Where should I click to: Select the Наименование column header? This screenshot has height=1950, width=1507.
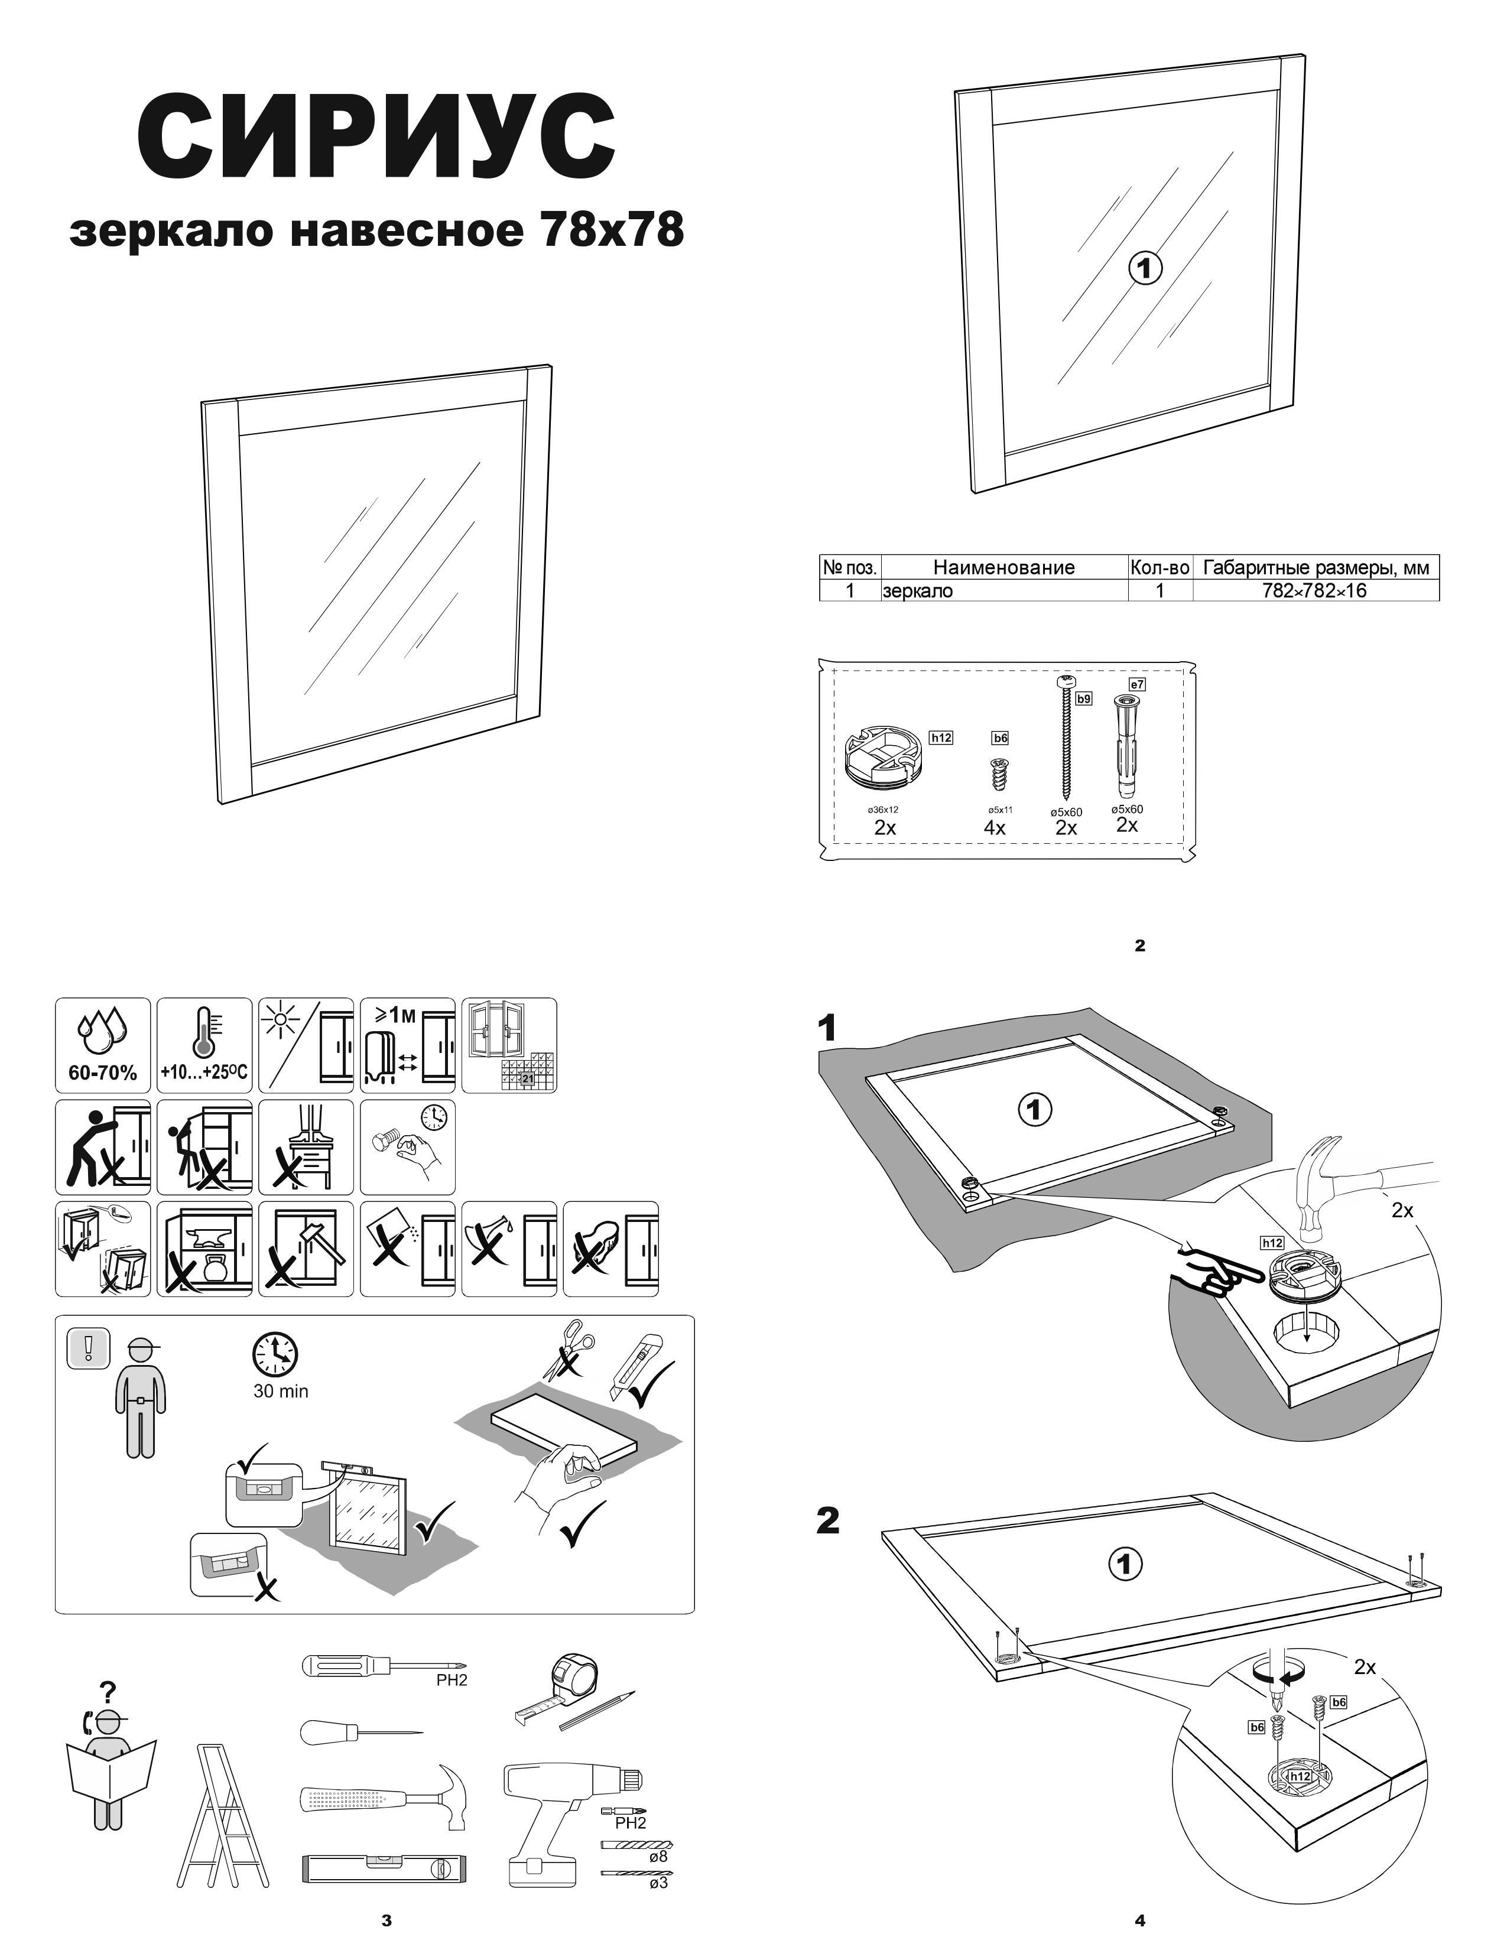[x=1003, y=567]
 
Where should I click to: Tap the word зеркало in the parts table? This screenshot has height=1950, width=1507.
[x=918, y=590]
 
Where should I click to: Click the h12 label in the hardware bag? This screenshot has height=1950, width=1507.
[x=941, y=737]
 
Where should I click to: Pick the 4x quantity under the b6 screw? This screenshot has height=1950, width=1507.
[x=995, y=828]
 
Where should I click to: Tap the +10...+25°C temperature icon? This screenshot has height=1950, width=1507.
[x=203, y=1045]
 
